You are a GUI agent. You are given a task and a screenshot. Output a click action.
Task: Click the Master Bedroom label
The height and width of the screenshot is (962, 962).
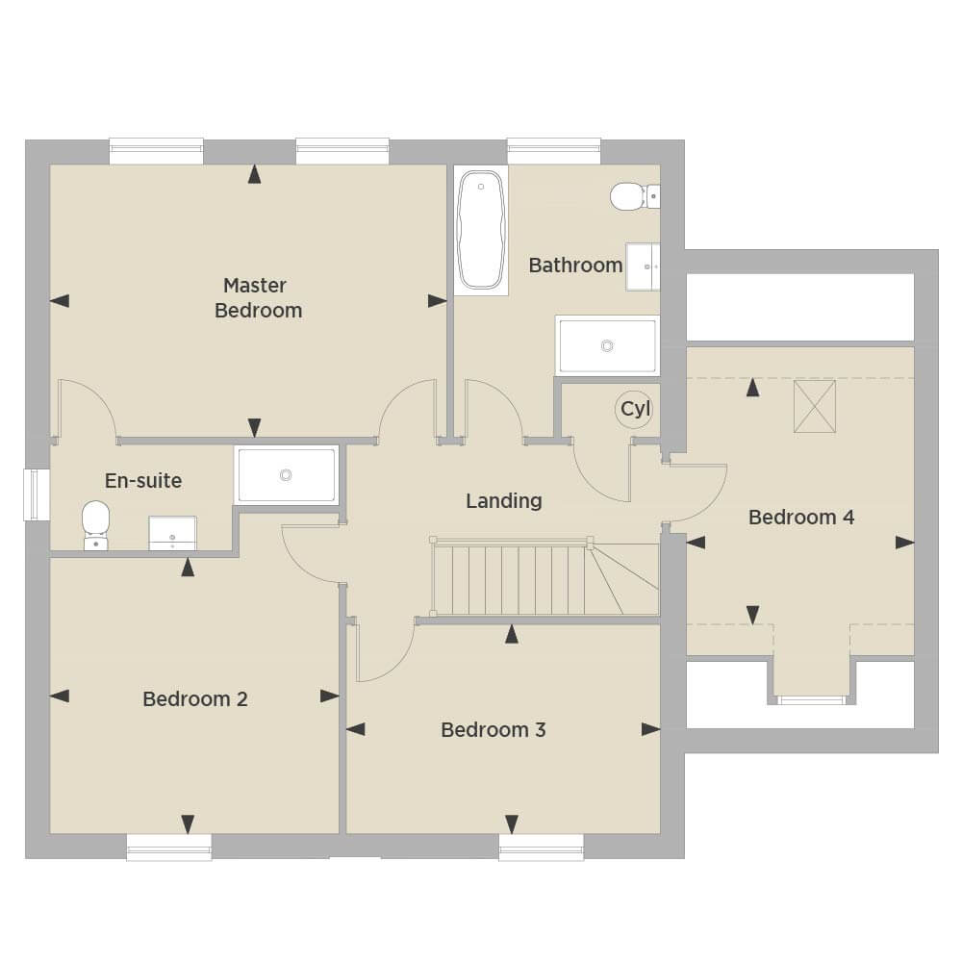coord(258,298)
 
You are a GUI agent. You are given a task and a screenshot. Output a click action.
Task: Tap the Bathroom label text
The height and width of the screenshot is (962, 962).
coord(575,266)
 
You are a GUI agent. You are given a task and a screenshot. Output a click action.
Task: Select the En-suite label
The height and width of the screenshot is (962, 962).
coord(143,480)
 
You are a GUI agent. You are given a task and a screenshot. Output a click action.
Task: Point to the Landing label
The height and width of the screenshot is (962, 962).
coord(504,501)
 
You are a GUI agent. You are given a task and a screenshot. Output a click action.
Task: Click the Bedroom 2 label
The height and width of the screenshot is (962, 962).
coord(195,698)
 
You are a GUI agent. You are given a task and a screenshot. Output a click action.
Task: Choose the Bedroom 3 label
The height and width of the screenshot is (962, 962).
coord(494,729)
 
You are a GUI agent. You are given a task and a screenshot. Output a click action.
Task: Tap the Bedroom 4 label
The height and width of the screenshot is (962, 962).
coord(801,518)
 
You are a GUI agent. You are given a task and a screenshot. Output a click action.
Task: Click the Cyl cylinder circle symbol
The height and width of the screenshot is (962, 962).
coord(634,409)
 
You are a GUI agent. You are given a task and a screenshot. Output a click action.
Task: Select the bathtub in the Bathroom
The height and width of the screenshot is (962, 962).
coord(482,230)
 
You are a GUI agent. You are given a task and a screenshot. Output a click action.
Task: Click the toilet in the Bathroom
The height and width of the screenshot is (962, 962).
coord(635,196)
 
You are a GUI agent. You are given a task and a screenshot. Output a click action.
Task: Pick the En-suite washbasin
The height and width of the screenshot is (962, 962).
coord(172,533)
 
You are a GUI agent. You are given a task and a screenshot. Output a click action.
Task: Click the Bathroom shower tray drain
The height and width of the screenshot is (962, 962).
coord(607,346)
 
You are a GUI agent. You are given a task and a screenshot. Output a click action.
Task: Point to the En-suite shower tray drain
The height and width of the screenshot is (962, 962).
coord(286,474)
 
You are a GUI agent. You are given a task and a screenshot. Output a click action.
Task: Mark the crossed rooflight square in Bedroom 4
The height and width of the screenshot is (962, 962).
coord(814,406)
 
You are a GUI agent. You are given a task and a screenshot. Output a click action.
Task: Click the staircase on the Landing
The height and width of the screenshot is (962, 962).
coord(544,576)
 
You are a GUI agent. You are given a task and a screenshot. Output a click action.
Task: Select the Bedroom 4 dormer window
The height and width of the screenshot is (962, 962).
coord(811,699)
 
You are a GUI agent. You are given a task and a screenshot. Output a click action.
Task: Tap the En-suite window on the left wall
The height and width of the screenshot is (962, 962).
coord(37,495)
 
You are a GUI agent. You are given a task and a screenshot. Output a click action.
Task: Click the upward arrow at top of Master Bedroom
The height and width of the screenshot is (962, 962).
coord(255,174)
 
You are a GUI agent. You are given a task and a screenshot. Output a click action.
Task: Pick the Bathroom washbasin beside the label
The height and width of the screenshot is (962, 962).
coord(643,266)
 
